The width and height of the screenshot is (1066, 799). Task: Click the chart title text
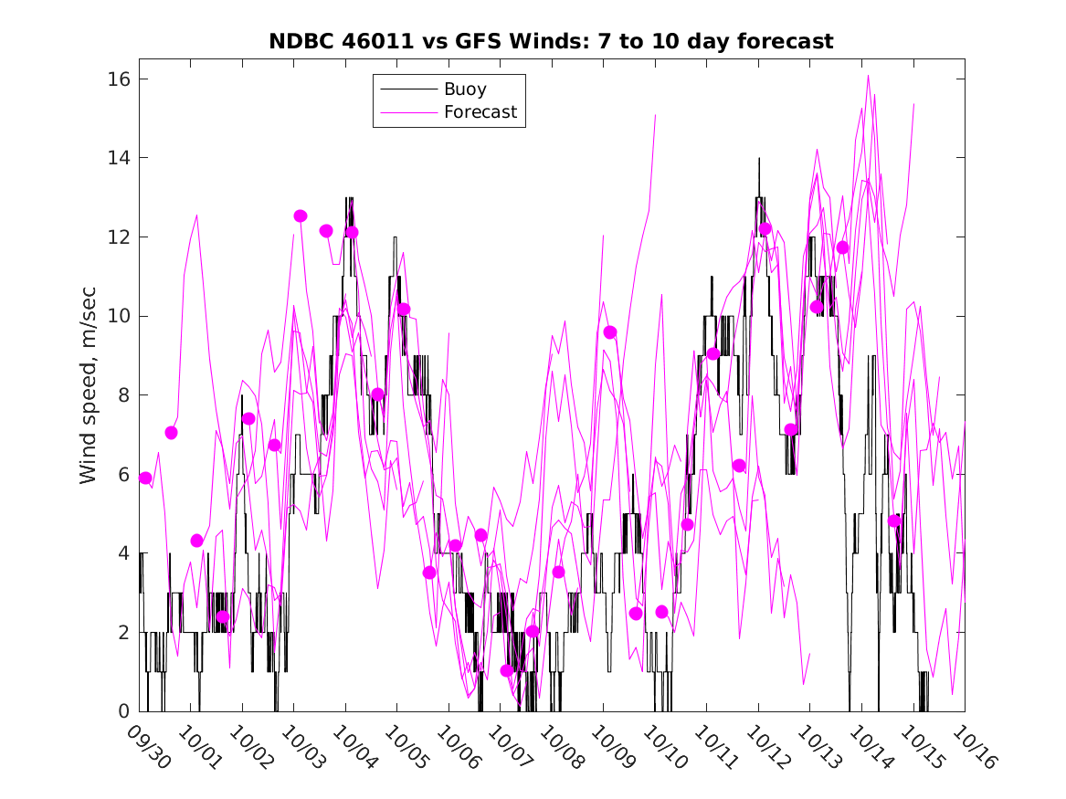click(551, 42)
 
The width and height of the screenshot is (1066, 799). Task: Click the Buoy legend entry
click(464, 89)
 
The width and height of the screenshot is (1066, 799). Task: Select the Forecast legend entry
click(480, 112)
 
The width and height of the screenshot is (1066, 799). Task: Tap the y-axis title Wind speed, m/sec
click(88, 395)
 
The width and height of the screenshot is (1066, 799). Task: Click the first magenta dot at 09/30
click(145, 478)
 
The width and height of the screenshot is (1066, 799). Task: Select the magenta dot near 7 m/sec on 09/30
click(171, 433)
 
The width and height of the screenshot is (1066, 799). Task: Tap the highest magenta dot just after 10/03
click(301, 216)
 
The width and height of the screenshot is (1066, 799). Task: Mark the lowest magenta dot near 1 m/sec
click(507, 670)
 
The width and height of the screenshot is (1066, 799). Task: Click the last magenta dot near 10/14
click(894, 520)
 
